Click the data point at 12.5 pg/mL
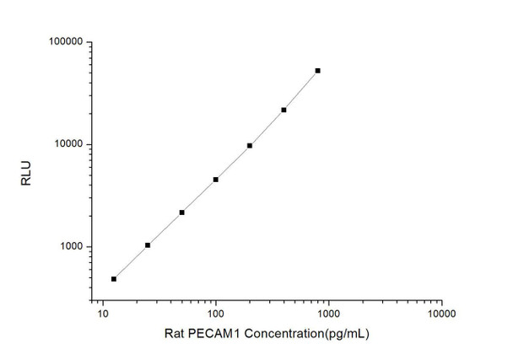[114, 278]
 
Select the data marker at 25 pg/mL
[148, 245]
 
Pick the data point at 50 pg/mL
[181, 212]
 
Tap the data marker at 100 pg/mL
[216, 180]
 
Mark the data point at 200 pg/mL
[250, 145]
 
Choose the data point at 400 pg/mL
[283, 110]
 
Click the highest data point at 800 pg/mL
[318, 71]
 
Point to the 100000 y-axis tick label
[63, 42]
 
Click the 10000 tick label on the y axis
[66, 144]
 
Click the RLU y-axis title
[24, 178]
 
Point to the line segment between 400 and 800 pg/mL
[301, 90]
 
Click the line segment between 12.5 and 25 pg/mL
[131, 262]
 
